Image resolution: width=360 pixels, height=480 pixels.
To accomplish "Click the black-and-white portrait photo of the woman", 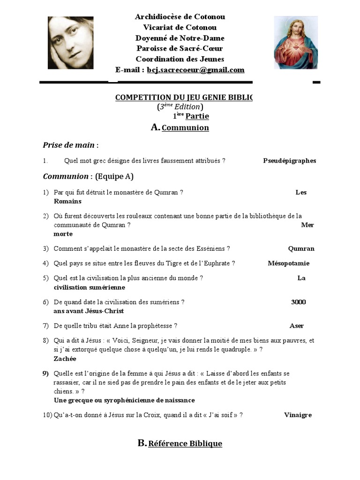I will pos(70,43).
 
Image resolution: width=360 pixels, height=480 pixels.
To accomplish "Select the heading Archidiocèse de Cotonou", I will pos(180,17).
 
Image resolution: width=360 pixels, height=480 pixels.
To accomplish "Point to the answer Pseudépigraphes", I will pos(289,161).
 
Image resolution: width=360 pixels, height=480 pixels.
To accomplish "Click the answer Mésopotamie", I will pos(288,263).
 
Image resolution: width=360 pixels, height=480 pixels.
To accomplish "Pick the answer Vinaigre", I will pos(298,415).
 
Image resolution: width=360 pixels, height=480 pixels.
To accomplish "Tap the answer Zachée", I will pos(65,359).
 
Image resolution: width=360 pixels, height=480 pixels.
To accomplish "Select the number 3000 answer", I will pos(298,302).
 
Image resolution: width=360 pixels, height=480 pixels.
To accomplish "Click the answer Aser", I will pos(296,326).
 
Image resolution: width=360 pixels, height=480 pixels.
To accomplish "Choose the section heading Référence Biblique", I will pos(185,443).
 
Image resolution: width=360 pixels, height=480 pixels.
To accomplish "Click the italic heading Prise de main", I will pos(69,145).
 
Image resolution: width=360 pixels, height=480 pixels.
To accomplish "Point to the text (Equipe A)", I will pos(114,177).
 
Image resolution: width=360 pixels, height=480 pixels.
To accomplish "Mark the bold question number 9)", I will pos(45,374).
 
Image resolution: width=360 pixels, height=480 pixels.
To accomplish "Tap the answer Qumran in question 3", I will pos(301,249).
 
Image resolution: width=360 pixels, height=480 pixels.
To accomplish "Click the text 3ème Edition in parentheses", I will pos(180,107).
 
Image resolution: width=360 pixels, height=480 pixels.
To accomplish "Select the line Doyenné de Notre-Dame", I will pos(180,38).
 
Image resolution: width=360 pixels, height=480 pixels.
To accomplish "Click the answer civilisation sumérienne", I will pos(90,287).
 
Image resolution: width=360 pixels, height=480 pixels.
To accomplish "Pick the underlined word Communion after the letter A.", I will pos(185,128).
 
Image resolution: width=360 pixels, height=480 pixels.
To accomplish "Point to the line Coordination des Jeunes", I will pos(180,59).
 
